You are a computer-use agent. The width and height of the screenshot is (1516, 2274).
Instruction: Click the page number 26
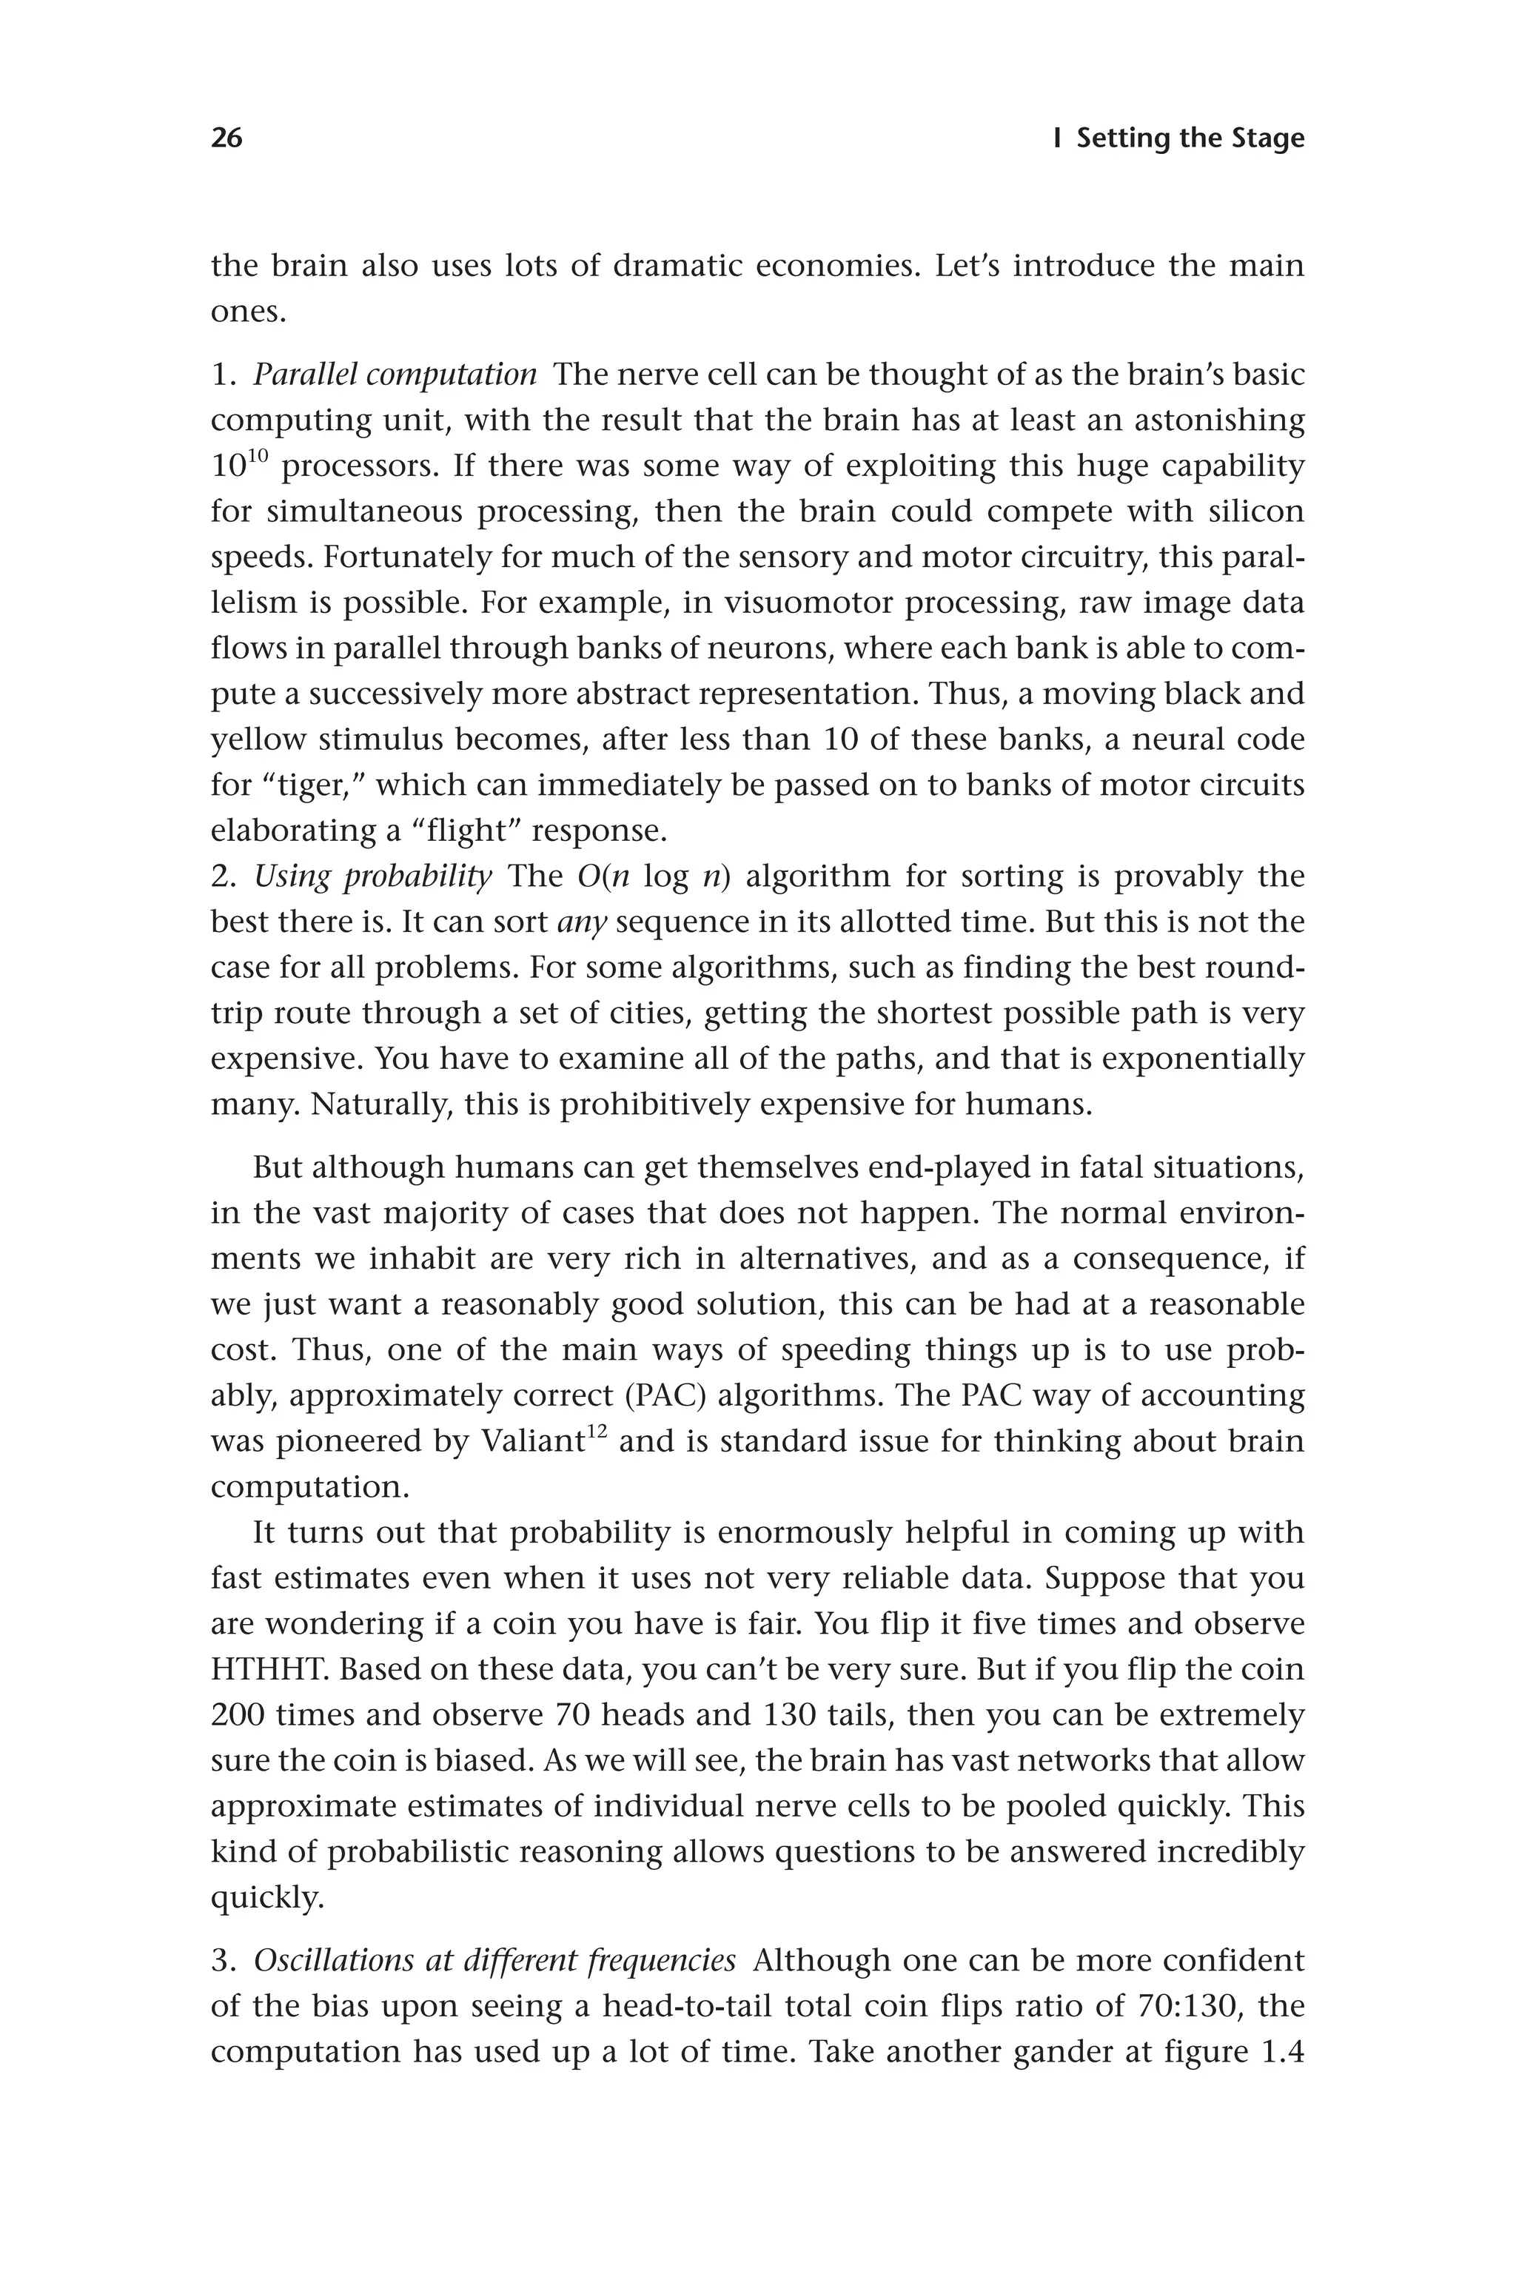point(227,138)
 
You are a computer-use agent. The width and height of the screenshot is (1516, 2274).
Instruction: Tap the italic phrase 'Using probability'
point(372,877)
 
